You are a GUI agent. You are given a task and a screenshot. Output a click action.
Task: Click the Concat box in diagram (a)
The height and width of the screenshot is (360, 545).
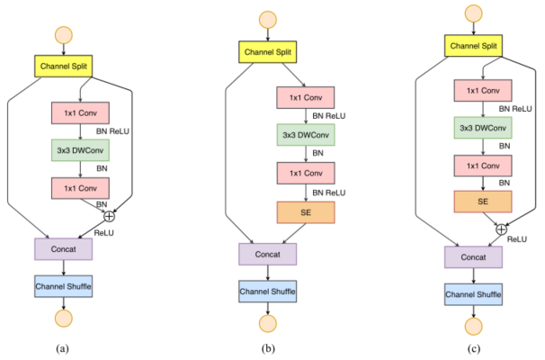(64, 247)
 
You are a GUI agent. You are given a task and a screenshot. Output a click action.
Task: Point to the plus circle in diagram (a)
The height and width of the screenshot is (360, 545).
(110, 215)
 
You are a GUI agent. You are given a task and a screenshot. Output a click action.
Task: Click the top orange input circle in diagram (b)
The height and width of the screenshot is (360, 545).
(266, 18)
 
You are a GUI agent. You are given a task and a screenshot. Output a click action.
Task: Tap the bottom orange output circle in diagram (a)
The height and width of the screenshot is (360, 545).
(64, 319)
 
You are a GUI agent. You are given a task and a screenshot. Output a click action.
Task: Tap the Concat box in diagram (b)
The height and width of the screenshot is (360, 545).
(267, 255)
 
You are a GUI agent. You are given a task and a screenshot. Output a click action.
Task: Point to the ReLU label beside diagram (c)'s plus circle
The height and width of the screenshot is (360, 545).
(517, 241)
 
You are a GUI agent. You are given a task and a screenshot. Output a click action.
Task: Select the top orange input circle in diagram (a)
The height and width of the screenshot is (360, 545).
(64, 34)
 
